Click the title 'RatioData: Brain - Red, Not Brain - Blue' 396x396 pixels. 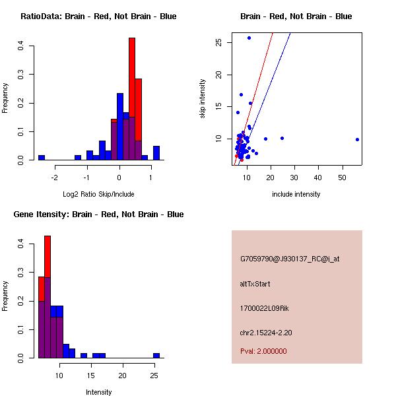[98, 16]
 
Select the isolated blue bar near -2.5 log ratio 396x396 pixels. [42, 158]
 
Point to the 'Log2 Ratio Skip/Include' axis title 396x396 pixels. [98, 194]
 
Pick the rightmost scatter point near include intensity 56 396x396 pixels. [357, 139]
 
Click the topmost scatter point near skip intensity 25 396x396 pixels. [249, 38]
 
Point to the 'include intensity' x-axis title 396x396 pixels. [296, 194]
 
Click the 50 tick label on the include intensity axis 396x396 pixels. [342, 178]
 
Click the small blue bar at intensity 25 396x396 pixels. [156, 355]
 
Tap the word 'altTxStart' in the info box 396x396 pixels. [255, 284]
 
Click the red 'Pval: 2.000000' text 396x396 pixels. [263, 351]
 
